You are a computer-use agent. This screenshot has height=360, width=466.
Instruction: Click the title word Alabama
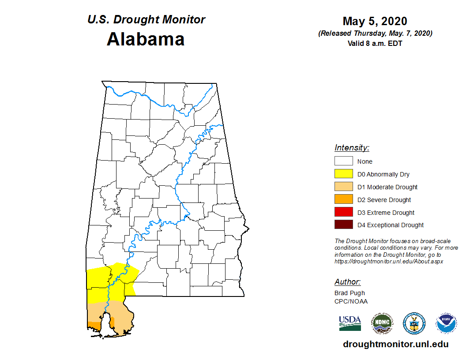tap(146, 39)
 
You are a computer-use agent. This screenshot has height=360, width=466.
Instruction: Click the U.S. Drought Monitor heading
tap(146, 20)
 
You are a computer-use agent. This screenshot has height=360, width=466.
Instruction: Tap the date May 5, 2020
tap(375, 21)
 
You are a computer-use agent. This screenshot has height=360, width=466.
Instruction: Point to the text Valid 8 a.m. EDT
tap(375, 43)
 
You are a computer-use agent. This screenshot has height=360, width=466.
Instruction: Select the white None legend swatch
tap(343, 161)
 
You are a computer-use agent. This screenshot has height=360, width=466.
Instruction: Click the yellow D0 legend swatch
tap(343, 174)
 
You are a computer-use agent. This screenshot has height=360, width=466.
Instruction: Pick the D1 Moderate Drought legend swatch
tap(343, 187)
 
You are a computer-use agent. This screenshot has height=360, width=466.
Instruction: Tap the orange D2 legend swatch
tap(343, 200)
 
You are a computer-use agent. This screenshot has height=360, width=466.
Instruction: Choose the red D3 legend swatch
tap(343, 213)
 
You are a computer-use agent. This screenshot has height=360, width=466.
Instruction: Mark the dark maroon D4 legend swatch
tap(343, 225)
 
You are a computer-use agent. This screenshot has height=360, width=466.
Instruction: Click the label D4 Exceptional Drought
tap(391, 225)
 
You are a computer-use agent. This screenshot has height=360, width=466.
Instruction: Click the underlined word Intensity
tap(352, 148)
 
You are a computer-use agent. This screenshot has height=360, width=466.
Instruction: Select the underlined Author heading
tap(347, 282)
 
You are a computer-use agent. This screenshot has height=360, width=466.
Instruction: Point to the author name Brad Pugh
tap(349, 293)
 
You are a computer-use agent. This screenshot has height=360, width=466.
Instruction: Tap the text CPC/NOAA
tap(351, 301)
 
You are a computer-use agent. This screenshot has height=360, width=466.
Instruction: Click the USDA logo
tap(350, 323)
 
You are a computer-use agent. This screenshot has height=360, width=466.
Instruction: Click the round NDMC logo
tap(382, 323)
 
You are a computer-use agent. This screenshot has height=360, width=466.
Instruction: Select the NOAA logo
tap(446, 323)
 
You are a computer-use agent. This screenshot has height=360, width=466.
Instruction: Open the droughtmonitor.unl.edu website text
tap(396, 345)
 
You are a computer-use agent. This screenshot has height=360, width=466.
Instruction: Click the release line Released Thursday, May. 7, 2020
tap(375, 34)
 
